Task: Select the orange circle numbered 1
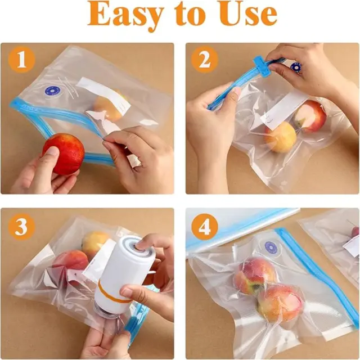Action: coord(21,60)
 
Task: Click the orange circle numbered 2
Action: coord(205,60)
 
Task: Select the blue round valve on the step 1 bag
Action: coord(52,91)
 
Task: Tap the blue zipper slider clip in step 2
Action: coord(261,67)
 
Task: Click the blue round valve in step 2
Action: coord(295,66)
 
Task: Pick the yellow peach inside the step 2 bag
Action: coord(280,137)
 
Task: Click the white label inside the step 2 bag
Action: coord(284,111)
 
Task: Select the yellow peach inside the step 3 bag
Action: coord(94,244)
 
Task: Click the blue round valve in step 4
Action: coord(271,247)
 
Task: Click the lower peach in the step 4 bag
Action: coord(280,303)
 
